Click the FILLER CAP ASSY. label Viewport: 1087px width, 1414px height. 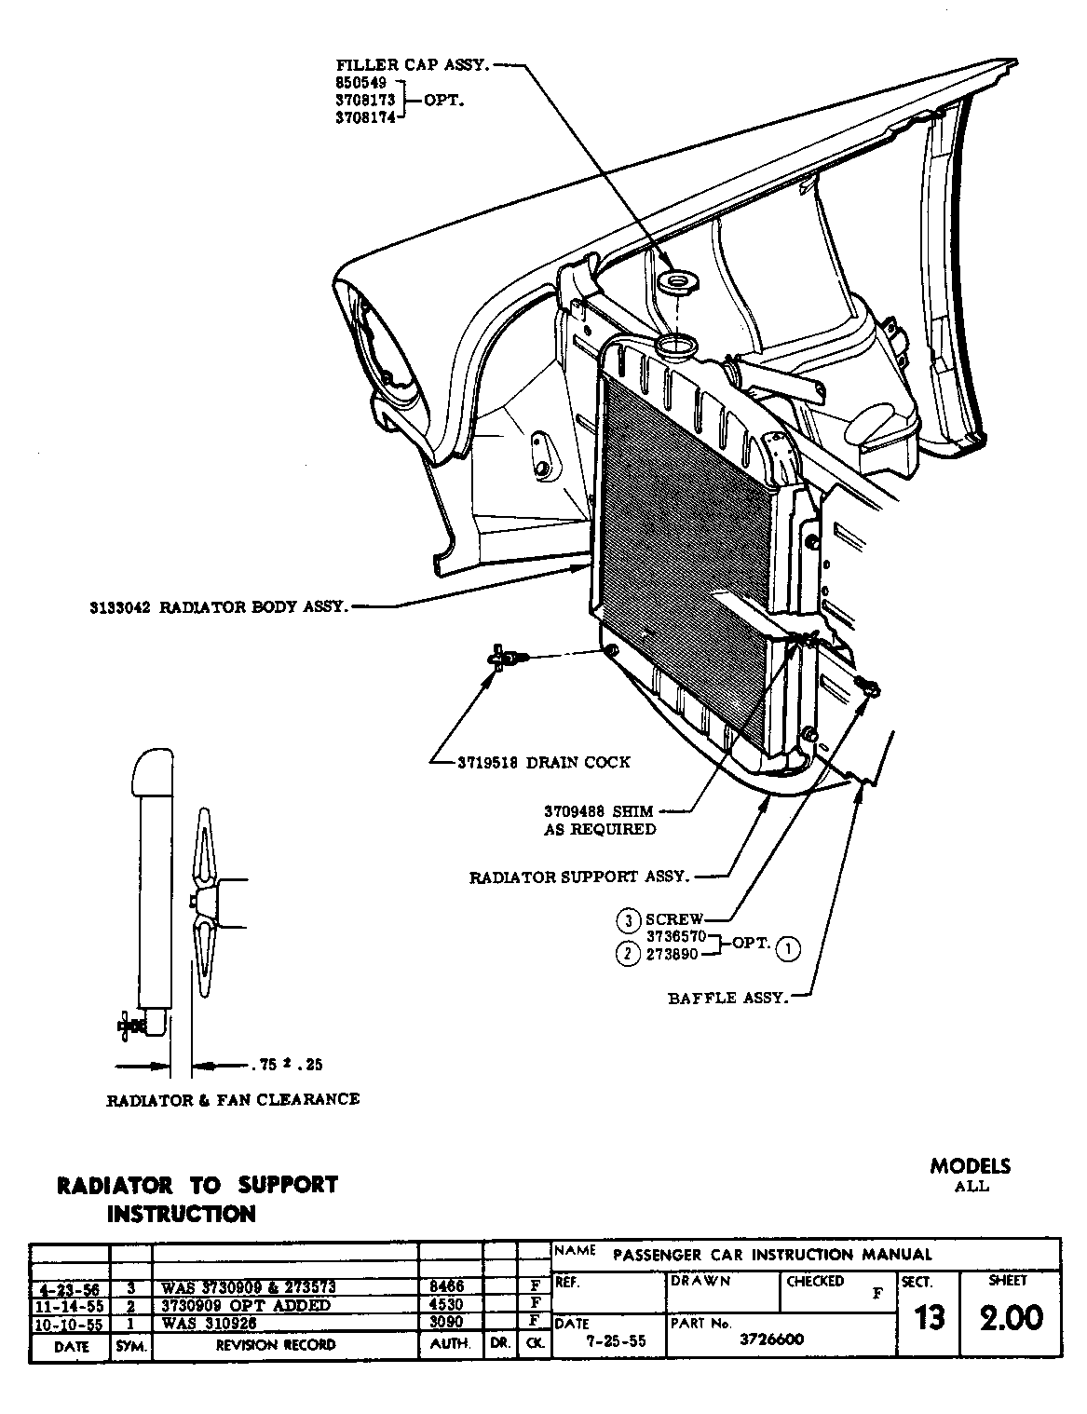[x=413, y=65]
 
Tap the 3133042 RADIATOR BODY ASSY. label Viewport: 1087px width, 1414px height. [x=219, y=607]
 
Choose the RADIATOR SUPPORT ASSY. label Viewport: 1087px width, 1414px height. [x=578, y=877]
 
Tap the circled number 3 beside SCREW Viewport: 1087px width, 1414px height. [x=629, y=920]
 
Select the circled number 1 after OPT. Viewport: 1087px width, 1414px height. [x=788, y=948]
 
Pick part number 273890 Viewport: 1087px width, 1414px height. [x=672, y=954]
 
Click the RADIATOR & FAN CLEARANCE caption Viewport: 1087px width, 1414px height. [x=233, y=1099]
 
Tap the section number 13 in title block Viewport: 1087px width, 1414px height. [x=930, y=1317]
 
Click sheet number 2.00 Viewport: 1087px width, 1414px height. [x=1012, y=1317]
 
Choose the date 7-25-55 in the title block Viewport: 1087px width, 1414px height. [x=606, y=1340]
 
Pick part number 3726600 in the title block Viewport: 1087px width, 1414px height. [x=772, y=1339]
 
